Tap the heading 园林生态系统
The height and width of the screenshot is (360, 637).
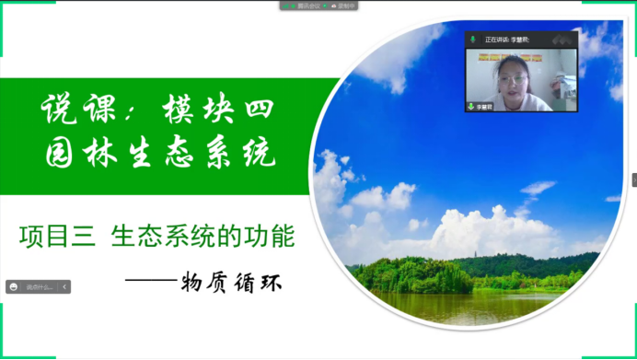tap(162, 153)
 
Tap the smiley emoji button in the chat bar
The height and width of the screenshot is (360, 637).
tap(15, 287)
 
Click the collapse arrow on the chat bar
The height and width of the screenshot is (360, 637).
tap(64, 287)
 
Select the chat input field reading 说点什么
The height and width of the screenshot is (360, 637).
tap(39, 287)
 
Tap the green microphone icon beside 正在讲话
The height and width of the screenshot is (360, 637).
tap(472, 40)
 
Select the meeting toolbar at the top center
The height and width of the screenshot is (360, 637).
tap(318, 6)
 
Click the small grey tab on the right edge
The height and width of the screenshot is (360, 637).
tap(633, 180)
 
